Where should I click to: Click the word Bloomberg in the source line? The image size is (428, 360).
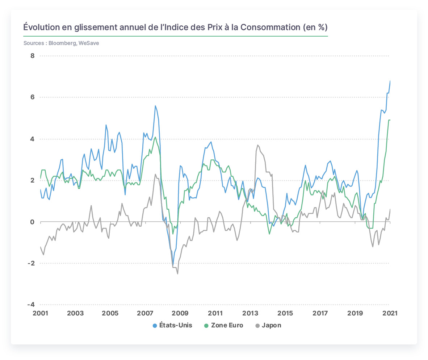pyautogui.click(x=62, y=43)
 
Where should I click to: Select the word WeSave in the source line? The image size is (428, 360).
pyautogui.click(x=89, y=43)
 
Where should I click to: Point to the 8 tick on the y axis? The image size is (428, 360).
pyautogui.click(x=33, y=56)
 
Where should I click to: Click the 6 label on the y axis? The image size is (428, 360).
pyautogui.click(x=33, y=97)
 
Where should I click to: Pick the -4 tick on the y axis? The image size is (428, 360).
pyautogui.click(x=31, y=304)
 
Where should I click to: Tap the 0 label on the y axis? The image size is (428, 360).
pyautogui.click(x=33, y=222)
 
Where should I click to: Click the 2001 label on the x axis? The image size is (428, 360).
pyautogui.click(x=41, y=313)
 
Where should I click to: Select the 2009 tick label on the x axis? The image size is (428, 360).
pyautogui.click(x=180, y=313)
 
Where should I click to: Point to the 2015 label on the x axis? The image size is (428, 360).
pyautogui.click(x=285, y=313)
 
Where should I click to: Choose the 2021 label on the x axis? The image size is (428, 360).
pyautogui.click(x=390, y=313)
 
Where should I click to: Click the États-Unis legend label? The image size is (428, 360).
pyautogui.click(x=176, y=325)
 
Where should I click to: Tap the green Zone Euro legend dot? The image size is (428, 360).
pyautogui.click(x=206, y=326)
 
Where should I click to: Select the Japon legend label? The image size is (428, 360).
pyautogui.click(x=271, y=325)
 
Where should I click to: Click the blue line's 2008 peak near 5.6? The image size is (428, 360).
pyautogui.click(x=155, y=106)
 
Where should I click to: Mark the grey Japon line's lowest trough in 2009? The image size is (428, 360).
pyautogui.click(x=178, y=274)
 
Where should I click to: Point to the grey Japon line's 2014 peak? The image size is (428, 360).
pyautogui.click(x=258, y=145)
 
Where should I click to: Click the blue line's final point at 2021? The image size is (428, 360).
pyautogui.click(x=390, y=81)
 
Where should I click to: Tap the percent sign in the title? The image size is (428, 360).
pyautogui.click(x=322, y=27)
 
